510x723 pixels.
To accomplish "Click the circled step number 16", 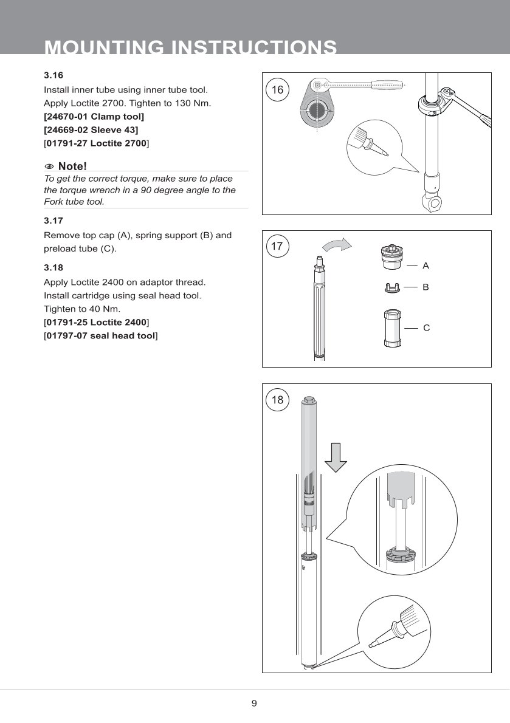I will tap(277, 91).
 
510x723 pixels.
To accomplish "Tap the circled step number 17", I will tap(277, 246).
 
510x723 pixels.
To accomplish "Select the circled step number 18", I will tap(277, 400).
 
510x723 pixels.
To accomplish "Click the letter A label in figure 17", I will tap(426, 266).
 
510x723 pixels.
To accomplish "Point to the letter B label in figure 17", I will tap(426, 286).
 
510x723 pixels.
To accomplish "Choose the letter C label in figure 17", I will tap(426, 328).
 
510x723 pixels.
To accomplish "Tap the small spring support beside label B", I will tap(391, 287).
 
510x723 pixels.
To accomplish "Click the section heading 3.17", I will tap(53, 221).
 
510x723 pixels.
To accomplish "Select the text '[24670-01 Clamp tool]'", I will tap(94, 116).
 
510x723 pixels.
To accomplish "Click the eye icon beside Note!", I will tap(50, 166).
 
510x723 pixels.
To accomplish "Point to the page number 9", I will tap(254, 704).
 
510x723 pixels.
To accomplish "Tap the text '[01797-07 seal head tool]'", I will tap(101, 335).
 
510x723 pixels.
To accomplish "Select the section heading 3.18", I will tap(53, 267).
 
